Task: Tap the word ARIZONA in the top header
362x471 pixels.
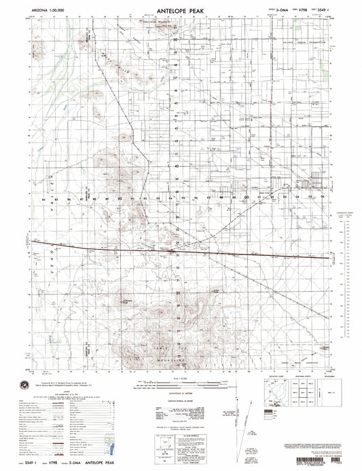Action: (41, 12)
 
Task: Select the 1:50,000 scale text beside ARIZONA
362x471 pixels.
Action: (65, 12)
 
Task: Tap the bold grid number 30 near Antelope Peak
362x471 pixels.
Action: (178, 293)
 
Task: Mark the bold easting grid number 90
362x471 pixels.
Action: (120, 199)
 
